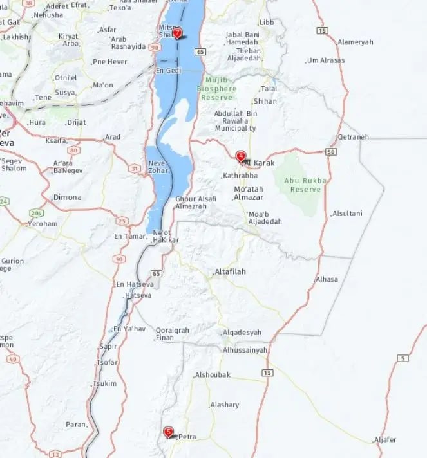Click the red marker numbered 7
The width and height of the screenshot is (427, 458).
pos(177,33)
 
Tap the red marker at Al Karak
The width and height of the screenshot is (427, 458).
pos(241,156)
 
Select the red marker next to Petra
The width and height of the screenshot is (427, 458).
pos(169,432)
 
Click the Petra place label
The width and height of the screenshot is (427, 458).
pos(187,437)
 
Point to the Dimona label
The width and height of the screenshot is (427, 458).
pos(67,197)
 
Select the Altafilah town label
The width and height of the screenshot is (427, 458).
pos(230,271)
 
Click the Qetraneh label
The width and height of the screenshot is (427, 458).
pos(353,136)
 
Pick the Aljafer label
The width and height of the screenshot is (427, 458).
pos(386,439)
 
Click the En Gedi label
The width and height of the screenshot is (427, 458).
pos(168,71)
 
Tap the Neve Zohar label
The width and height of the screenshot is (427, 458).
pos(158,167)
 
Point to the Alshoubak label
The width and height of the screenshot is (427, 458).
pos(213,374)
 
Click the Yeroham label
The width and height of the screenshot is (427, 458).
pos(42,224)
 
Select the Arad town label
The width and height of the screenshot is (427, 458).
pos(113,136)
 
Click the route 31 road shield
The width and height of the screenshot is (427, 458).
pos(134,169)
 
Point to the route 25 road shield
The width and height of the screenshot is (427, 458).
pos(122,221)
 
